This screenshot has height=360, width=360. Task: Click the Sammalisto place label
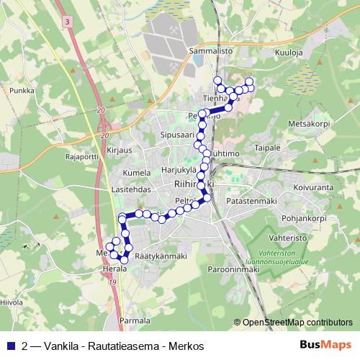(210, 52)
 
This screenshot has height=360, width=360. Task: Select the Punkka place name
(22, 91)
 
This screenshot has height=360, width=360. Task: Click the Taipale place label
(268, 148)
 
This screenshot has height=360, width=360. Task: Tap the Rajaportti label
(81, 156)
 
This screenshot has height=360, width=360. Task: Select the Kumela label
(137, 173)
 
